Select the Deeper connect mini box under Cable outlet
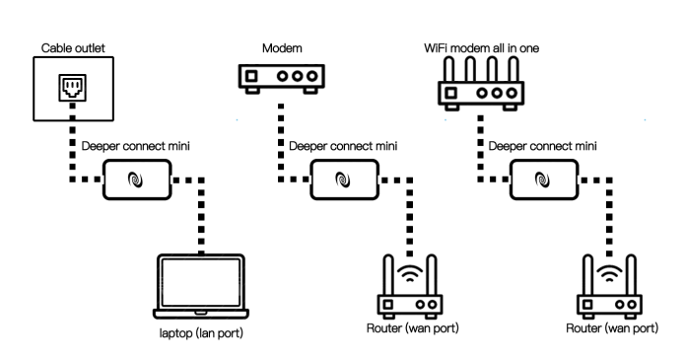(x=137, y=181)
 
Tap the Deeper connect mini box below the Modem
(x=341, y=181)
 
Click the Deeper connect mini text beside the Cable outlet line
(x=137, y=146)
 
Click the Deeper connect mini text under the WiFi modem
(x=543, y=146)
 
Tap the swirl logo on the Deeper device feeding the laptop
(x=137, y=181)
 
